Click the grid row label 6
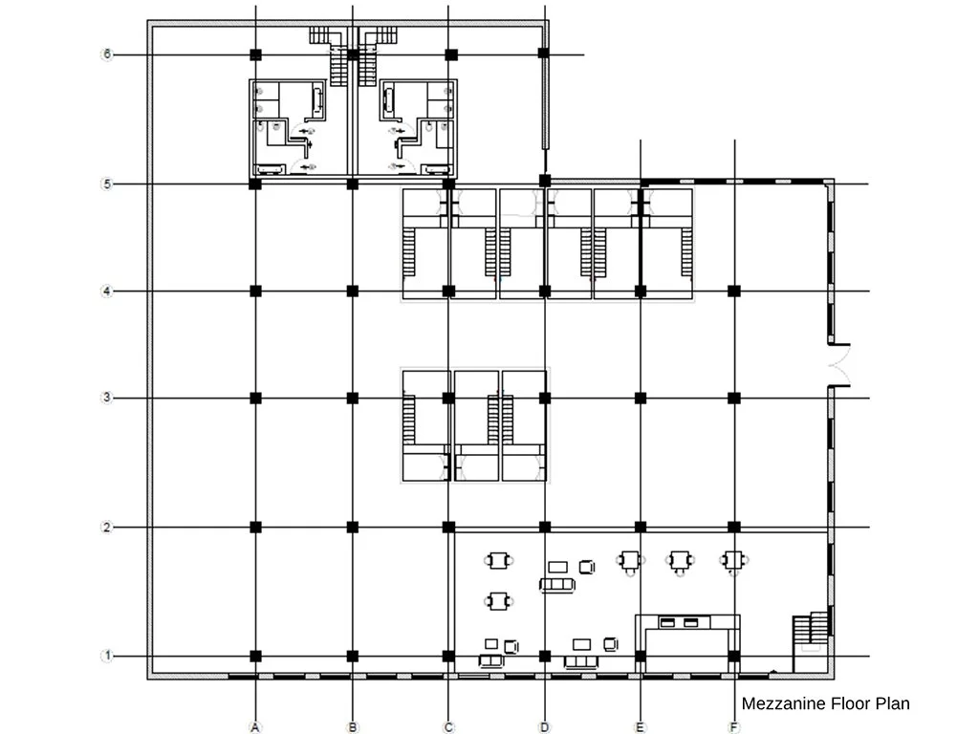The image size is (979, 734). click(x=107, y=54)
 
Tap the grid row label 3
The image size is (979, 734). click(x=107, y=398)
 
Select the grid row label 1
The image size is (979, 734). click(x=107, y=656)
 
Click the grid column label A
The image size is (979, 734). click(x=254, y=727)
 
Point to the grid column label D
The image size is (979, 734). click(x=544, y=727)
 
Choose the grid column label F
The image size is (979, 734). click(x=734, y=727)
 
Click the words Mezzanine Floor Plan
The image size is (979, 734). click(x=825, y=703)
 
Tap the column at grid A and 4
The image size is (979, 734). click(x=255, y=291)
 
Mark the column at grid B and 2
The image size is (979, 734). click(x=352, y=528)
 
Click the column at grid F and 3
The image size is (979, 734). click(x=734, y=398)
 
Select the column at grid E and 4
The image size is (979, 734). click(x=640, y=291)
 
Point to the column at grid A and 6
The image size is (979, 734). click(x=255, y=54)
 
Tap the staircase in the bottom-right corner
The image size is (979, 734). click(x=810, y=629)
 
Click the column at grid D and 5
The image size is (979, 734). click(x=544, y=181)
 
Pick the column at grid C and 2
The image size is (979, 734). click(x=448, y=528)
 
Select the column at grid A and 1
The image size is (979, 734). click(x=255, y=656)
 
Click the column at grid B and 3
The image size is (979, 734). click(x=352, y=398)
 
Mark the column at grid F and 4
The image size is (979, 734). click(x=734, y=291)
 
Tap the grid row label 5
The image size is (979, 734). click(x=107, y=184)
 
